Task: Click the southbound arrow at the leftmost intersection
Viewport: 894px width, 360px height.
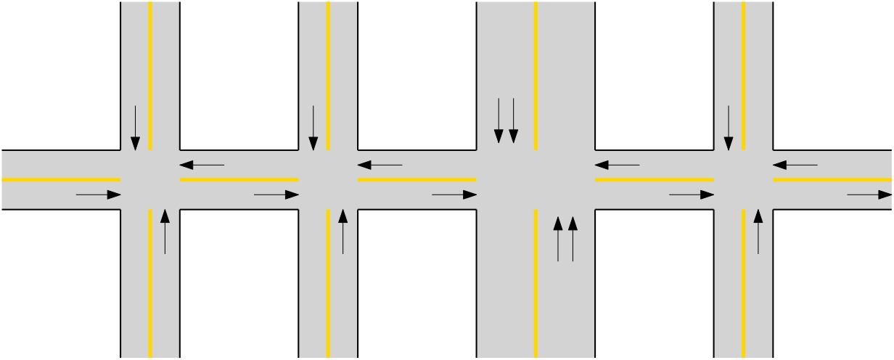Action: pos(135,128)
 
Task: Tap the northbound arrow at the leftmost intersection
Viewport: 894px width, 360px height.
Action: pos(165,232)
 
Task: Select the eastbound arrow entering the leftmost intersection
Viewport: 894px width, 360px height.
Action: pos(98,195)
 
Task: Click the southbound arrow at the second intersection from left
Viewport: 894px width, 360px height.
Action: pos(313,128)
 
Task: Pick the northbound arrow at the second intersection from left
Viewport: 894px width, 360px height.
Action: pos(343,232)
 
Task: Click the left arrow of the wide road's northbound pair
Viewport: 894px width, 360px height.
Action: pos(558,239)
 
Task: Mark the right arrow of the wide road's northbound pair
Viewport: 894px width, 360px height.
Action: pos(573,239)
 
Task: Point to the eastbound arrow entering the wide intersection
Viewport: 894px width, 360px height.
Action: pos(454,195)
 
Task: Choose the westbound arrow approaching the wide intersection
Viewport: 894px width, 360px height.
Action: pos(617,165)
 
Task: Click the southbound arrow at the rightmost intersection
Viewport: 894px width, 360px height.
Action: pos(729,128)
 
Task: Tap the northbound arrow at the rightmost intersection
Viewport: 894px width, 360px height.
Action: pos(758,232)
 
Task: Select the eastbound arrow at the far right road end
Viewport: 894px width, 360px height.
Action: pos(869,195)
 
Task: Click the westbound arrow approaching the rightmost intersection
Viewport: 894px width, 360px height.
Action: pos(795,165)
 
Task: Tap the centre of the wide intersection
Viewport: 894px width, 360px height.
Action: pos(536,179)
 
